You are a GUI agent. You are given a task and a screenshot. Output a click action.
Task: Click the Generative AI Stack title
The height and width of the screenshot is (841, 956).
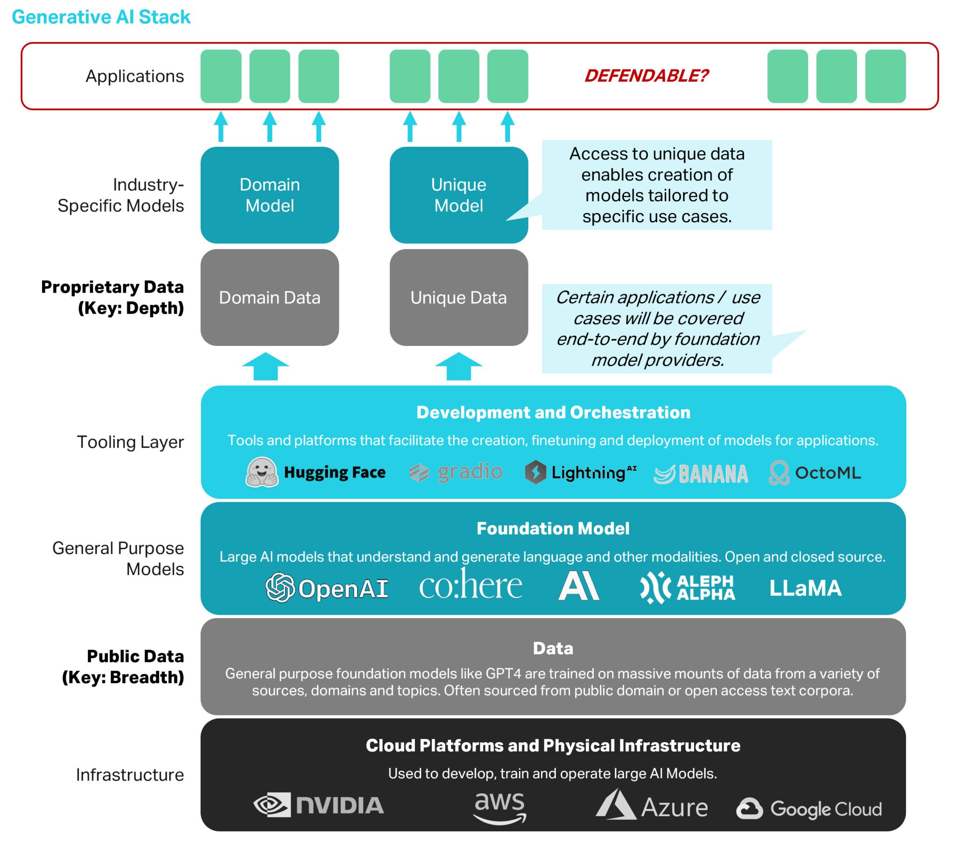[101, 17]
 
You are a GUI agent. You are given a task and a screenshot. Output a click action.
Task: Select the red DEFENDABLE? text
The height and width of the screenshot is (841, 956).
[646, 76]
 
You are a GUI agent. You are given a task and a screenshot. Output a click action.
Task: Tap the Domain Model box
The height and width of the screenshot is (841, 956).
[269, 195]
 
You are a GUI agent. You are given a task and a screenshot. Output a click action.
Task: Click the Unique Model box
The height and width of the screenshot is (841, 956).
[458, 195]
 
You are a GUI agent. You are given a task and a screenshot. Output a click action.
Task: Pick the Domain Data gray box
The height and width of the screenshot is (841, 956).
[269, 297]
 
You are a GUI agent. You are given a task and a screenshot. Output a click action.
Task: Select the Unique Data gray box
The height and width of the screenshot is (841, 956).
[458, 297]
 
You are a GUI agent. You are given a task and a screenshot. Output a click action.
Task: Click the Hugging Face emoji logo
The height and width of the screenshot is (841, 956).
[262, 472]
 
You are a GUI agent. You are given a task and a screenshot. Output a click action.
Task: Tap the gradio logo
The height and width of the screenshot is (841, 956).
[456, 472]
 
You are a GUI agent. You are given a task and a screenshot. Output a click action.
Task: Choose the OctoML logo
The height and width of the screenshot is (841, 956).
[815, 473]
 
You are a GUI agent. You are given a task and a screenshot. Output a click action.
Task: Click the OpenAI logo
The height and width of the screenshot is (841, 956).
[326, 588]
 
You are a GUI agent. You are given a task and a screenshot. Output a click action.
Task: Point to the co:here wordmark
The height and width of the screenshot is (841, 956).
[470, 586]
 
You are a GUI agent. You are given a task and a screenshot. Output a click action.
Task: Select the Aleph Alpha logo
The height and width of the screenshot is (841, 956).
[688, 588]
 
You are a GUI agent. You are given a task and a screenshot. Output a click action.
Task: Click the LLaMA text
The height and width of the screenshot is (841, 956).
[805, 588]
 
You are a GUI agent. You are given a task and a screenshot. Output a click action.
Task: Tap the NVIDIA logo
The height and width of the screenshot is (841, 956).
[318, 805]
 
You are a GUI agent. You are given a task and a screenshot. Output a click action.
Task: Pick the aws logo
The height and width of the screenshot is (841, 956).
[499, 807]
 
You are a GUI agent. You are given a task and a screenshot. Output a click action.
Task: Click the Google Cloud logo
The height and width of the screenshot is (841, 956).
[809, 809]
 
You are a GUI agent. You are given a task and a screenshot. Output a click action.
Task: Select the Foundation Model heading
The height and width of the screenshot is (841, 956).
[553, 529]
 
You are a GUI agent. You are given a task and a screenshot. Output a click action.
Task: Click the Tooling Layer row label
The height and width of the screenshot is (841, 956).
[130, 442]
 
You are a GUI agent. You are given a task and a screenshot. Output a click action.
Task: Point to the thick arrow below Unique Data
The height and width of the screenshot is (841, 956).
[458, 366]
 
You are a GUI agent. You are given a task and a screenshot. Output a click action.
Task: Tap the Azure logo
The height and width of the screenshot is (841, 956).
[652, 806]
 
